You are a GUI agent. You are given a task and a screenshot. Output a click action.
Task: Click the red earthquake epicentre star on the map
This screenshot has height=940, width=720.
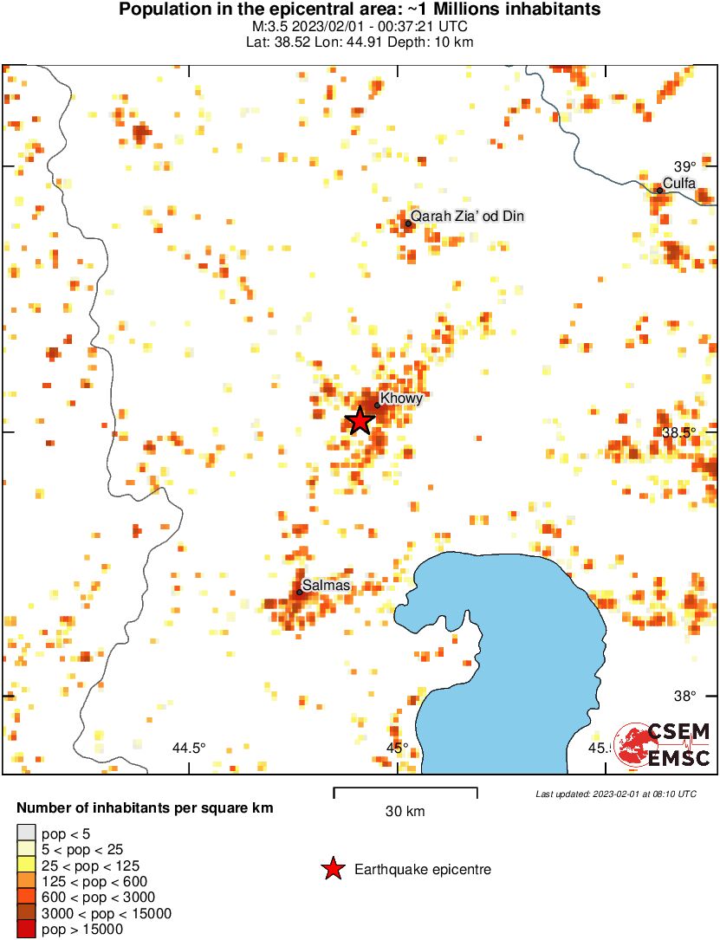pyautogui.click(x=360, y=421)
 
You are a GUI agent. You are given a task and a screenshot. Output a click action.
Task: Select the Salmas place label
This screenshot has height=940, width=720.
pyautogui.click(x=327, y=586)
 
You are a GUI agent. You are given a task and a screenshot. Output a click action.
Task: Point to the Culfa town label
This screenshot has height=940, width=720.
pyautogui.click(x=679, y=182)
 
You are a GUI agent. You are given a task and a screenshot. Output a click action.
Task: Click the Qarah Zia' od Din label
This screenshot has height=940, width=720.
pyautogui.click(x=468, y=216)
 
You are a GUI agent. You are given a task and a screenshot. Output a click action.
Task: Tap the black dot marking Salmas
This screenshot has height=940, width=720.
pyautogui.click(x=300, y=592)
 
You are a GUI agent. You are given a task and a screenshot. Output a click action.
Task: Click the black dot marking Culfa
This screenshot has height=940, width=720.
pyautogui.click(x=659, y=191)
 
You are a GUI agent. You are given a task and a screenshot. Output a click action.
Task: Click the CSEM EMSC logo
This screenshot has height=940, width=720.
pyautogui.click(x=663, y=744)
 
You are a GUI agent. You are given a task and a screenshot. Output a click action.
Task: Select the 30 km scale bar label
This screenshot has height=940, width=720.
pyautogui.click(x=405, y=812)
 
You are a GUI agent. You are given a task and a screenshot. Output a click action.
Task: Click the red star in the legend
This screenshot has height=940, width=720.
pyautogui.click(x=332, y=869)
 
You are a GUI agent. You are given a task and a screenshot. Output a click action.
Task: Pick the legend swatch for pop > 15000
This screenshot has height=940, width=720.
pyautogui.click(x=27, y=930)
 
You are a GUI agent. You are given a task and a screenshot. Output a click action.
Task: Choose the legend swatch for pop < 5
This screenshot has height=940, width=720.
pyautogui.click(x=27, y=833)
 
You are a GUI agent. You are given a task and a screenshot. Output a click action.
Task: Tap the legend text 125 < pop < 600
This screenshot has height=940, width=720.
pyautogui.click(x=90, y=881)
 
